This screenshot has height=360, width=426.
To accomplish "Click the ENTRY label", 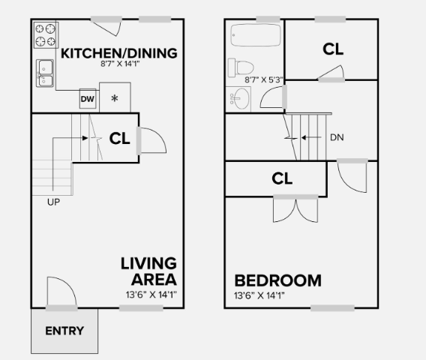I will (x=64, y=331).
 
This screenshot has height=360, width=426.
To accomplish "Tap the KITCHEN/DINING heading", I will (x=118, y=53).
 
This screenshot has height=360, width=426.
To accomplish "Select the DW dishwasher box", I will (x=87, y=99).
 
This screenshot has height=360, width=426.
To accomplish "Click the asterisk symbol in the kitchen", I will (x=115, y=99).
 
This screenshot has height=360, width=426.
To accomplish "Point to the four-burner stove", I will (x=46, y=34).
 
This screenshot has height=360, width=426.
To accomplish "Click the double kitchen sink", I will (x=45, y=72).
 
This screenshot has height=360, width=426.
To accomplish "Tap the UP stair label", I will (x=53, y=202).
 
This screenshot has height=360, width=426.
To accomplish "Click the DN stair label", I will (x=337, y=137).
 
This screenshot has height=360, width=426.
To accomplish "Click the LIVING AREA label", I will (x=148, y=271).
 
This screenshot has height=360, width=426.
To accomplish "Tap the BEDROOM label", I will (x=277, y=280).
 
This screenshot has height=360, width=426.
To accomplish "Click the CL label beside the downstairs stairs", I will (x=120, y=138).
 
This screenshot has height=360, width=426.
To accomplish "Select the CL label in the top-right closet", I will (x=333, y=49).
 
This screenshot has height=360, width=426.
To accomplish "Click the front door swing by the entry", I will (x=60, y=292).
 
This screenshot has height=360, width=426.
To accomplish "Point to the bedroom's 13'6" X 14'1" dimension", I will (x=259, y=295).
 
